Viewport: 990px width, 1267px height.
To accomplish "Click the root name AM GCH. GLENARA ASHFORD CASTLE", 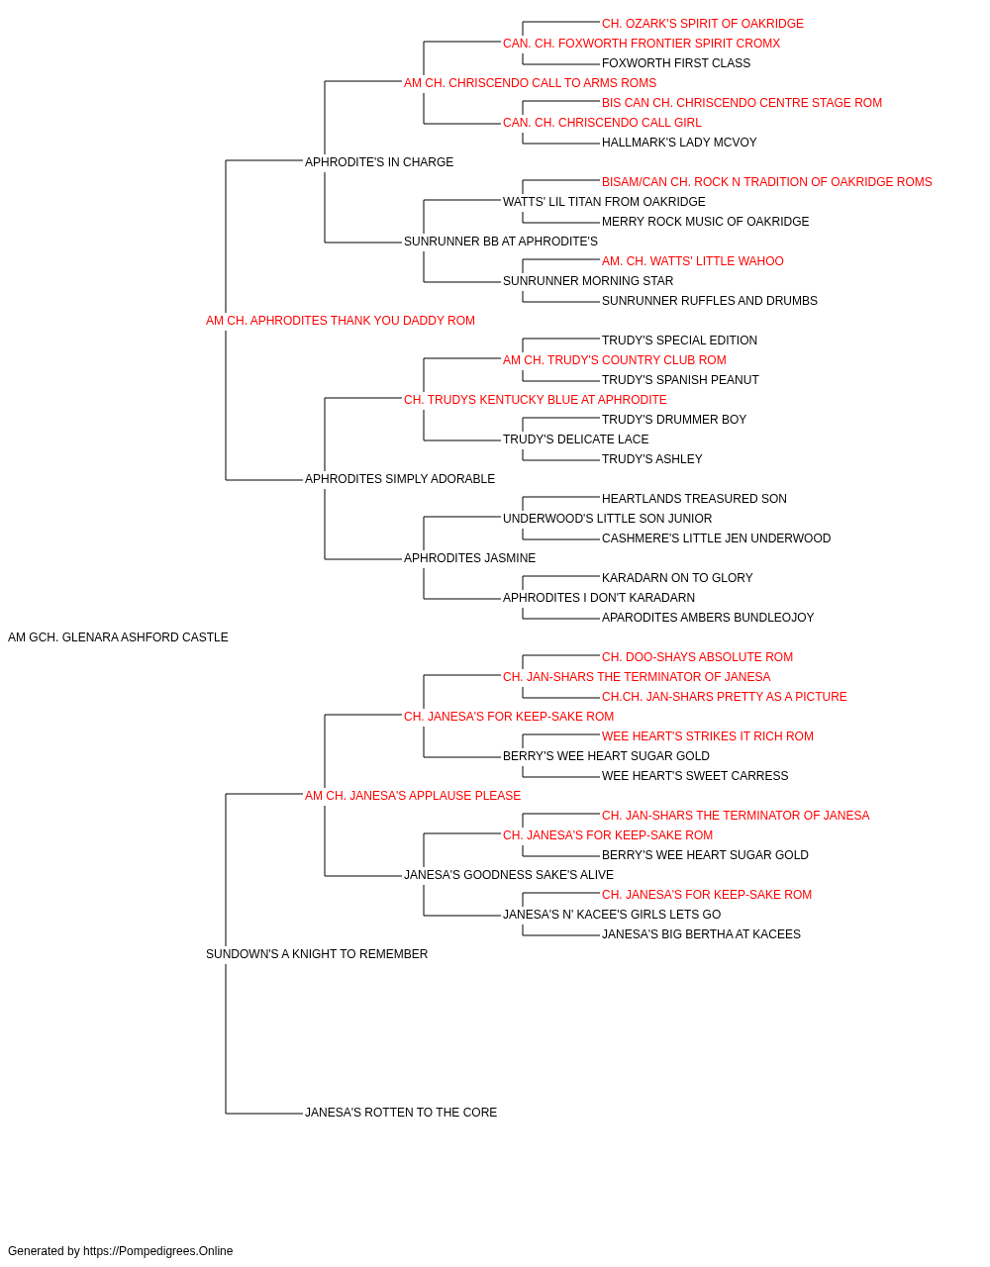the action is [x=118, y=637].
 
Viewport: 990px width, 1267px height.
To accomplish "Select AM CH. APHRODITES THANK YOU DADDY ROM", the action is [x=341, y=321].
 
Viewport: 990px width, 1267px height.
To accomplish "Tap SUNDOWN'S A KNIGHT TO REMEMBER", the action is [x=317, y=954].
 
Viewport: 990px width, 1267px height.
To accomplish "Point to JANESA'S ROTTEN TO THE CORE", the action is [x=401, y=1113].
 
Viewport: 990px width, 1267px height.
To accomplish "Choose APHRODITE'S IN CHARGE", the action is [x=379, y=162].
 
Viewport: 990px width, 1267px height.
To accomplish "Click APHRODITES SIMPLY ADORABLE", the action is [x=399, y=479].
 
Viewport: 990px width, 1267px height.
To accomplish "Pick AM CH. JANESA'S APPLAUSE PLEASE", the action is [x=413, y=795].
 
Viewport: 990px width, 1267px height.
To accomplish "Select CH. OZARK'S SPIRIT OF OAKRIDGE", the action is [x=703, y=24].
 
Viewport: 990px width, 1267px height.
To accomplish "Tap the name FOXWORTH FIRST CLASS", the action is [x=676, y=63].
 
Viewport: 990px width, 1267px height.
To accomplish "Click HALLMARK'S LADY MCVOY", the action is [x=679, y=143].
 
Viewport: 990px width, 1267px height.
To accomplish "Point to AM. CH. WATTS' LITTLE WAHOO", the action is [x=693, y=261].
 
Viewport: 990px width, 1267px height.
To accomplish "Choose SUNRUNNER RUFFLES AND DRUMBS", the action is [x=710, y=301].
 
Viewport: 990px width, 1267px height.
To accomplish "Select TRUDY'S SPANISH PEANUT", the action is [x=680, y=380].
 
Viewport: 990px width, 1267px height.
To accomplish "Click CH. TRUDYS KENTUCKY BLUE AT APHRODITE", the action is [x=536, y=400].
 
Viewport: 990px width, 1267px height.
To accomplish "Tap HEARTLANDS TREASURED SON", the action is [x=694, y=499].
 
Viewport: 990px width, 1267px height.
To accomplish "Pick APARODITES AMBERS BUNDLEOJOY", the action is [x=708, y=618].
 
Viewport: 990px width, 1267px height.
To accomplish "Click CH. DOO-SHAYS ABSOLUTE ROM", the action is [x=697, y=657].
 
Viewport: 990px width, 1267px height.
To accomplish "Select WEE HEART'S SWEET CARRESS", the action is [x=695, y=776].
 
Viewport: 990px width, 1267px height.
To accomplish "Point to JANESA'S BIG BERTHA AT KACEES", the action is [x=701, y=934].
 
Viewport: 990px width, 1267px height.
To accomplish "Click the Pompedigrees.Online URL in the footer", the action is [x=158, y=1251].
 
